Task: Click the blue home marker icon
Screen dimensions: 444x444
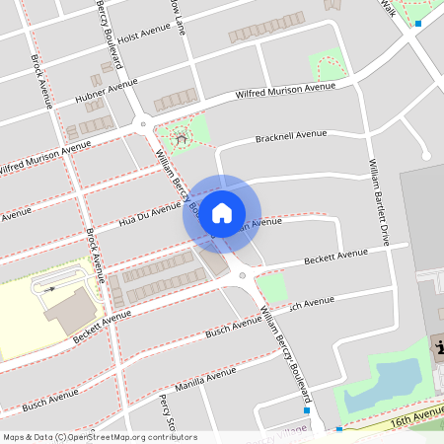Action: point(222,213)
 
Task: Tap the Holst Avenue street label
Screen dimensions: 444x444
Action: point(144,35)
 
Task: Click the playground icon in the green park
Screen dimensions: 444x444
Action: point(181,138)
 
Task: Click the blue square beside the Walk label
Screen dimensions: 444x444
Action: point(418,23)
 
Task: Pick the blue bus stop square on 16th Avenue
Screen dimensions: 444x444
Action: point(339,429)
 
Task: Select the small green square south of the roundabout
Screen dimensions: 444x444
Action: point(270,286)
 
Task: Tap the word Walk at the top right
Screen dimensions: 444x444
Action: point(387,8)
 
